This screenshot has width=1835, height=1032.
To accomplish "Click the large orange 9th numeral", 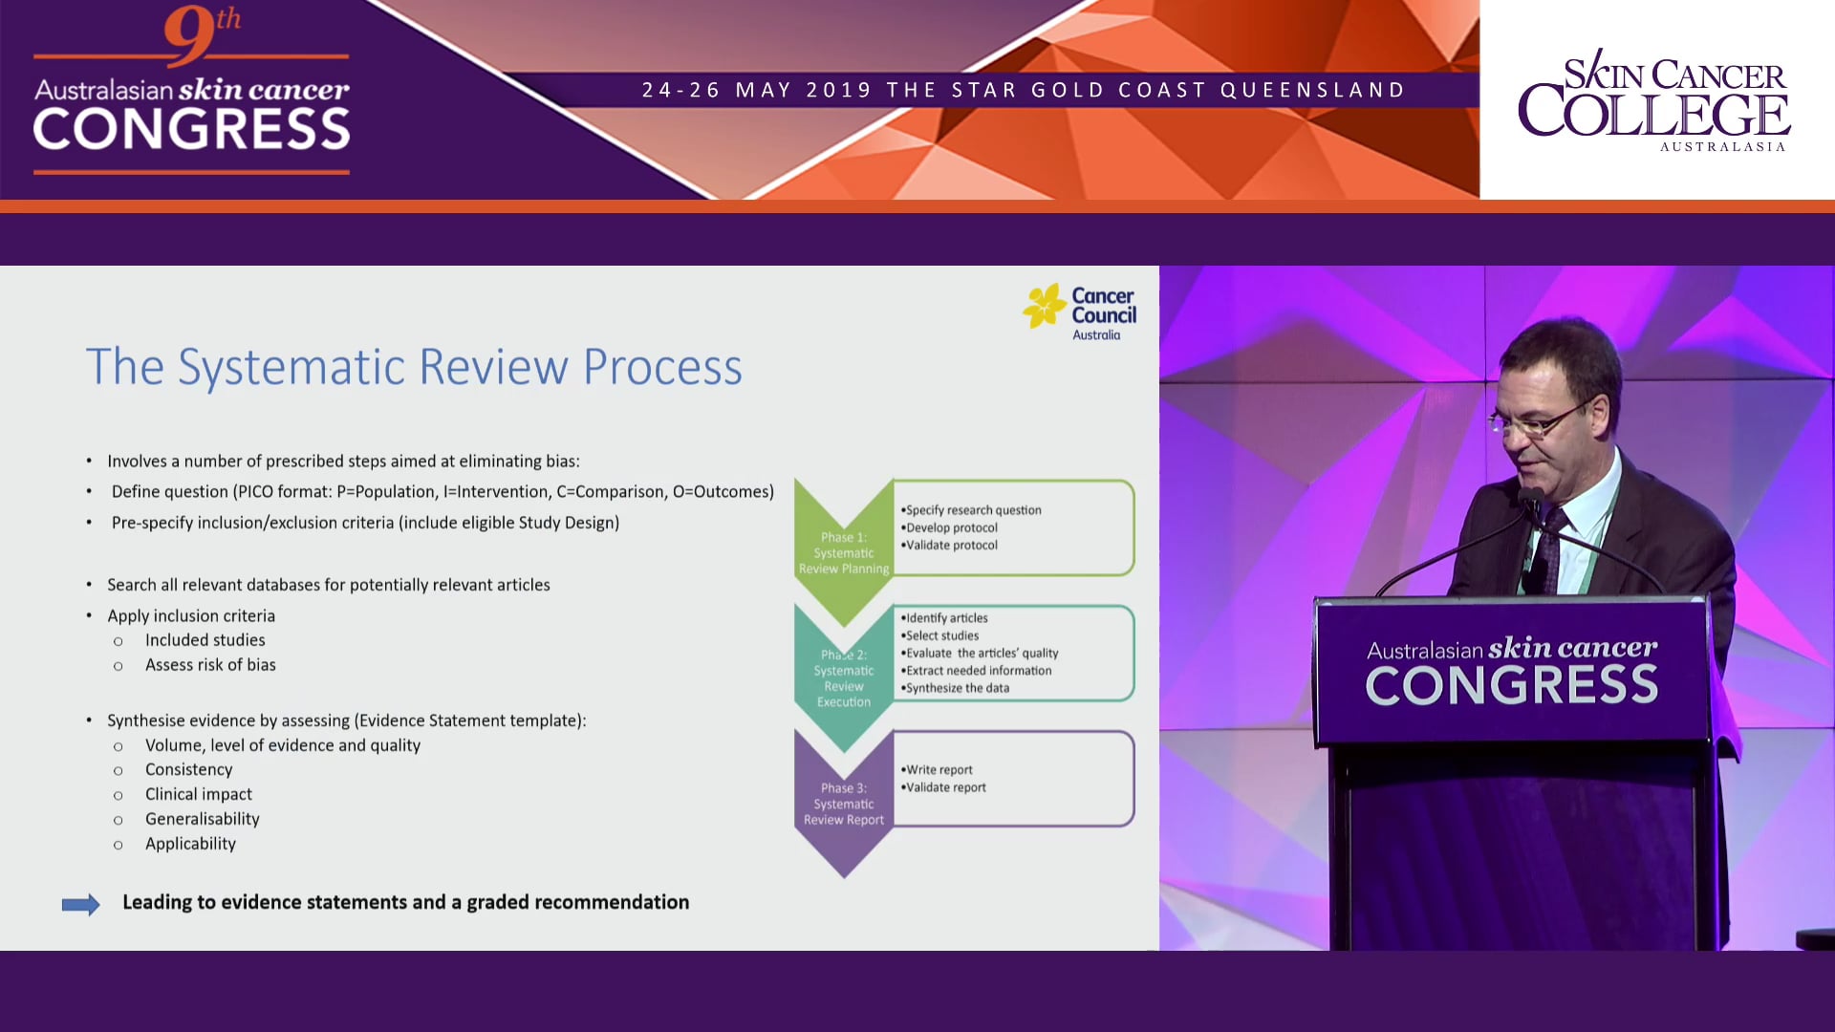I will pos(191,36).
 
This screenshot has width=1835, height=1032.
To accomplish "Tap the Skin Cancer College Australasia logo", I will pos(1653,100).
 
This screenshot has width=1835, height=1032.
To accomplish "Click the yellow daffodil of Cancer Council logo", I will pos(1044,306).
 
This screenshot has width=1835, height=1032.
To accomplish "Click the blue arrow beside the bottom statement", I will pos(81,904).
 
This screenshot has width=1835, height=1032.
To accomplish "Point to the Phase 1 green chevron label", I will pos(843,552).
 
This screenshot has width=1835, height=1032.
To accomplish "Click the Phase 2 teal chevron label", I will pos(843,677).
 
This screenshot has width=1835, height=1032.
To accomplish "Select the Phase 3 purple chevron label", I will pos(843,804).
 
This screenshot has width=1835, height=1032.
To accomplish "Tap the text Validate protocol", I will pos(951,545).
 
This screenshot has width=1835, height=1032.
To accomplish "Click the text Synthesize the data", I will pos(957,688).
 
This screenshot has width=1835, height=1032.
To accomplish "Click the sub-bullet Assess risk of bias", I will pos(210,665).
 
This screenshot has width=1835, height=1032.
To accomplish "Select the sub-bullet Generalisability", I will pos(202,819).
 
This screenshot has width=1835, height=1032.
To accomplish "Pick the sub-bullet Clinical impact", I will pos(198,794).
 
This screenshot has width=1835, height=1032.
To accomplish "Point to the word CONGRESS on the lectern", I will pos(1511,686).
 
